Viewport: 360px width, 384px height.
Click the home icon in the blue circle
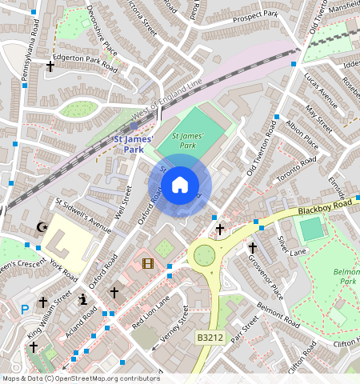coord(180,185)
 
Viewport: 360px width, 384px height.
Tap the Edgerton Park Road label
coord(85,61)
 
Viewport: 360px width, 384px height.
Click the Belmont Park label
coord(346,277)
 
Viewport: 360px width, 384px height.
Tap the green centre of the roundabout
coord(204,255)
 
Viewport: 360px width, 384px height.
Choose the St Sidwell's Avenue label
coord(82,214)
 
